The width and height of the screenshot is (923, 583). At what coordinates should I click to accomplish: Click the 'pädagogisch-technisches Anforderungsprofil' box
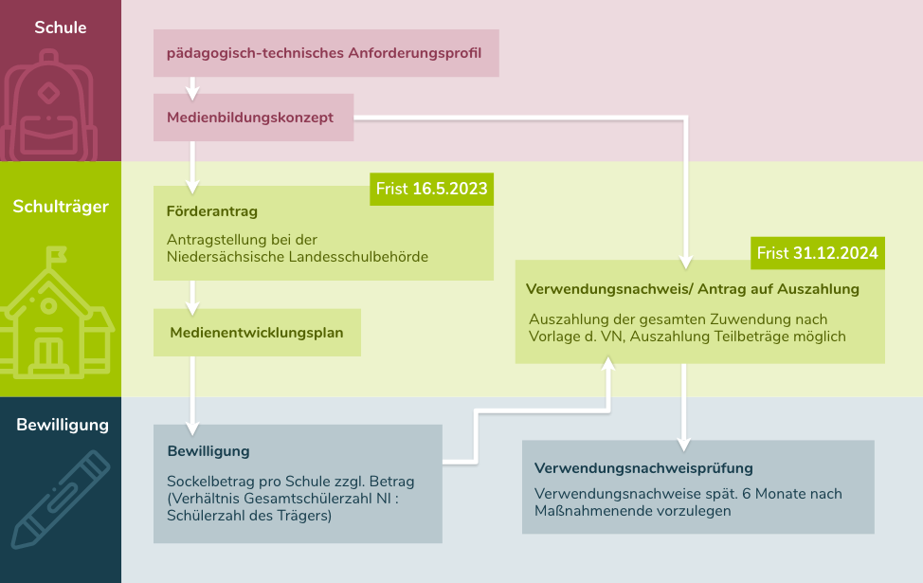(x=326, y=53)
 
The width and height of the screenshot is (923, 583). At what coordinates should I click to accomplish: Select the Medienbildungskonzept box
(x=254, y=118)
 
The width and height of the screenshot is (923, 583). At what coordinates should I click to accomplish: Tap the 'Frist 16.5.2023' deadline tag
(x=431, y=189)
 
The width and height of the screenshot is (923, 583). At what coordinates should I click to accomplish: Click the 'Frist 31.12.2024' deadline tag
(x=818, y=253)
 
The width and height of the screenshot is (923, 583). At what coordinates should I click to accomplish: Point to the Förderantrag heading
(x=212, y=211)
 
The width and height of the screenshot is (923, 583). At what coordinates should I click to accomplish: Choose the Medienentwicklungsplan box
(x=257, y=333)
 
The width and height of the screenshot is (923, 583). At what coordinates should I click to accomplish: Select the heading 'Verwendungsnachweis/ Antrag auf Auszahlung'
(x=692, y=289)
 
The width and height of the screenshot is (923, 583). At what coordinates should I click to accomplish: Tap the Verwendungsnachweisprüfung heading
(x=643, y=468)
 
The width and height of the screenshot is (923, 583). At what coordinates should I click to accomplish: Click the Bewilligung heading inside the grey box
(x=208, y=451)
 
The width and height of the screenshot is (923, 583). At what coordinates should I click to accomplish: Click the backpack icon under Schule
(x=49, y=105)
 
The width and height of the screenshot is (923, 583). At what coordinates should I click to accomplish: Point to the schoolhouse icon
(x=56, y=313)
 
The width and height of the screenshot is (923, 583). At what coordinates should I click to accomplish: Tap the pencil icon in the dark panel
(x=61, y=500)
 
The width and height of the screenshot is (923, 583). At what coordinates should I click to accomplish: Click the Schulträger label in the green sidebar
(x=61, y=207)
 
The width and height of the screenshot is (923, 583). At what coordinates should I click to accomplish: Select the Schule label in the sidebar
(x=60, y=27)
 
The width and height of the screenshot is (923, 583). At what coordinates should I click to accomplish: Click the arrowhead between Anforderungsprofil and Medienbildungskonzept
(x=192, y=93)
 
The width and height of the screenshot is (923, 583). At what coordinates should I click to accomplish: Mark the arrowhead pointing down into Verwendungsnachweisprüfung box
(x=683, y=445)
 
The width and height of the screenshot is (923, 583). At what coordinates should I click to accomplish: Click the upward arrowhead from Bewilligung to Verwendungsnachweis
(x=608, y=364)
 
